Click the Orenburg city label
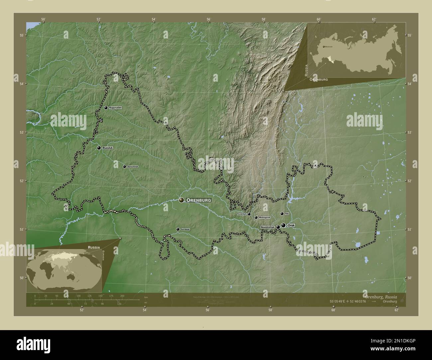(x=198, y=200)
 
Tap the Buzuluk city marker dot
(x=99, y=148)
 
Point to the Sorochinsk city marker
(x=124, y=167)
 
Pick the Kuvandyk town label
(x=242, y=214)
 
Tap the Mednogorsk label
(x=265, y=218)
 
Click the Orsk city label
(x=291, y=225)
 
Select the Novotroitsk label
(x=268, y=227)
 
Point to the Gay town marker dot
(x=282, y=214)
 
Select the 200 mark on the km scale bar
(x=122, y=296)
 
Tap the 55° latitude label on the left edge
(x=21, y=35)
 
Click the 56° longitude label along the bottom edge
(x=207, y=310)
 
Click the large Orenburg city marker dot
(x=181, y=200)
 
